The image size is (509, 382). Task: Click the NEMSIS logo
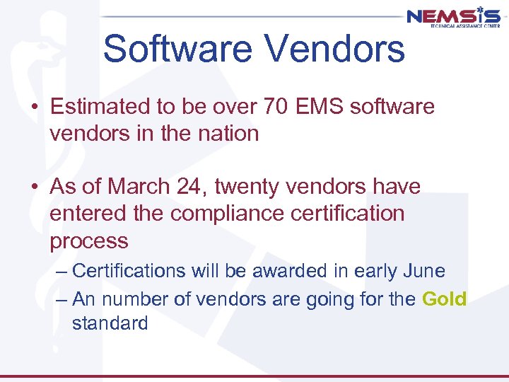click(x=453, y=17)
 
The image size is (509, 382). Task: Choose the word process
click(x=89, y=241)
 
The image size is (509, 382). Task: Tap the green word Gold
click(x=444, y=299)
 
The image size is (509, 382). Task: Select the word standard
click(x=110, y=324)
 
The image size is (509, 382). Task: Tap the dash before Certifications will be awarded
click(x=62, y=272)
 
